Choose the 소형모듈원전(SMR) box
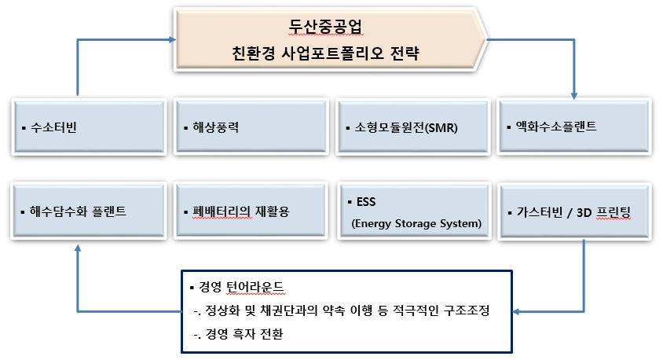412,126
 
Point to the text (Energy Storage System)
414,224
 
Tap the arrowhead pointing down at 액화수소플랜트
575,92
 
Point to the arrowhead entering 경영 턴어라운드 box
519,311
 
